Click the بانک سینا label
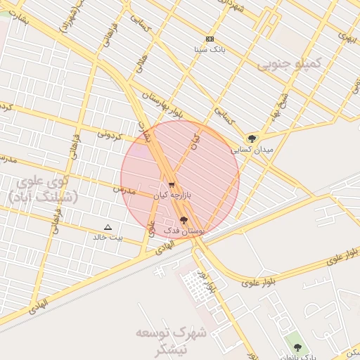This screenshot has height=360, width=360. (210, 50)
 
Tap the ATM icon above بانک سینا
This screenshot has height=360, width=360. (210, 39)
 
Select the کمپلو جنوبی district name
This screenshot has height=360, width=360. (288, 65)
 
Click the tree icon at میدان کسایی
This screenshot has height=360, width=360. (252, 138)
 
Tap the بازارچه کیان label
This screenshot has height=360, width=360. (173, 196)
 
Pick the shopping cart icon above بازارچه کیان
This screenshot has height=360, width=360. (172, 185)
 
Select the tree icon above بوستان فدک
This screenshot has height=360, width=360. (184, 220)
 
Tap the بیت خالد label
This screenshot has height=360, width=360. (108, 237)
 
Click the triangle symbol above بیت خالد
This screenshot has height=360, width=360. (108, 226)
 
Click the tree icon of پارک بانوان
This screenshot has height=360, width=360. (297, 347)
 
